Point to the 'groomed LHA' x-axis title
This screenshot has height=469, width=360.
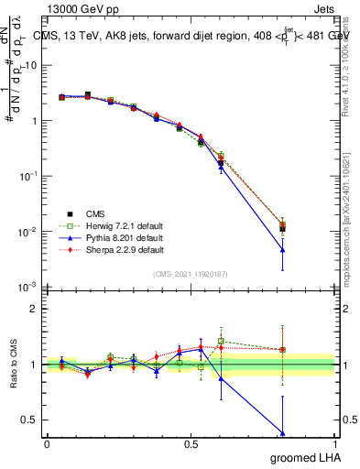(306, 457)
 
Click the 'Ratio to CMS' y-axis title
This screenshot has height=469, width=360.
(11, 364)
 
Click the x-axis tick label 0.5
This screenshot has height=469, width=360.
(191, 444)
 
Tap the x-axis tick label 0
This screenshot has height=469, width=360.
(47, 444)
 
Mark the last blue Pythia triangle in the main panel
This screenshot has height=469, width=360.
(282, 250)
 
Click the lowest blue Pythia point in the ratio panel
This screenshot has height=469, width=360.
(282, 432)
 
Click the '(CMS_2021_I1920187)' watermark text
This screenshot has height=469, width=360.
(191, 274)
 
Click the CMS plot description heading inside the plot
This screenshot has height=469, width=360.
(191, 38)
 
